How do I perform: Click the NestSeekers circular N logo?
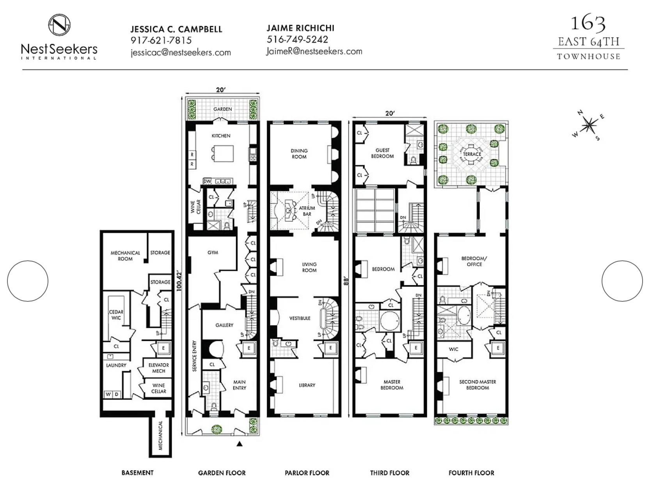coord(59,25)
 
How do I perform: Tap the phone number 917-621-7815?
coord(161,40)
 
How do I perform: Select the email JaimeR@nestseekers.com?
coord(314,51)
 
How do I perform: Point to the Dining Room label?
coord(299,153)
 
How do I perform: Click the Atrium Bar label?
coord(307,211)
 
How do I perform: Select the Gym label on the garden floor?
coord(213,253)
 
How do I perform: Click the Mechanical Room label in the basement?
coord(125,256)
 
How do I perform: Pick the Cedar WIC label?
coord(116,315)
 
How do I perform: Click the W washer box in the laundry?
coord(108,394)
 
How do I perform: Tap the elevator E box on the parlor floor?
coord(331,348)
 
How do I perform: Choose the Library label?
coord(307,385)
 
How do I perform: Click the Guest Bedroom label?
coord(382,153)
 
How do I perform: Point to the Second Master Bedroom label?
coord(478,385)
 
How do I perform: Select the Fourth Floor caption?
coord(471,473)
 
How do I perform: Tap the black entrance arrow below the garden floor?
coord(240,443)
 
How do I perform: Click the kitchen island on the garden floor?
coord(223,153)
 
